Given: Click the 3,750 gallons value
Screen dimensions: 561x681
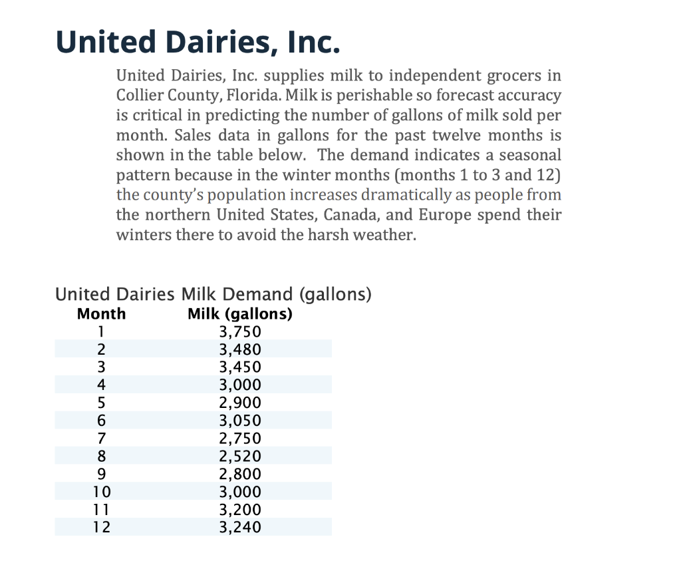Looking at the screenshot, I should (240, 332).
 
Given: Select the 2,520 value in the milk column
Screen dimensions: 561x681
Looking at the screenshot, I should (240, 457).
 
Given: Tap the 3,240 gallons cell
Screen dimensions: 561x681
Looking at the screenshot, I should (240, 528).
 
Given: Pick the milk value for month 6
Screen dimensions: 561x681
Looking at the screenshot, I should (240, 421).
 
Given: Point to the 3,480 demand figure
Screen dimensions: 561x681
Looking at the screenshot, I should (240, 350).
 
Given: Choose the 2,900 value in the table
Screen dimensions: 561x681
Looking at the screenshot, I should (240, 403).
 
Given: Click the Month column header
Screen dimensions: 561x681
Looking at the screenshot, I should (101, 314).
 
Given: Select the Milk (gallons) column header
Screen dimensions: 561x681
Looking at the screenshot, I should (240, 314).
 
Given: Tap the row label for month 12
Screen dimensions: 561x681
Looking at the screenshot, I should (101, 528).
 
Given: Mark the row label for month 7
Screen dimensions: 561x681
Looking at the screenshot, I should (101, 439).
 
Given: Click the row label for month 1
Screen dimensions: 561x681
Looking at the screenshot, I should (101, 332).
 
